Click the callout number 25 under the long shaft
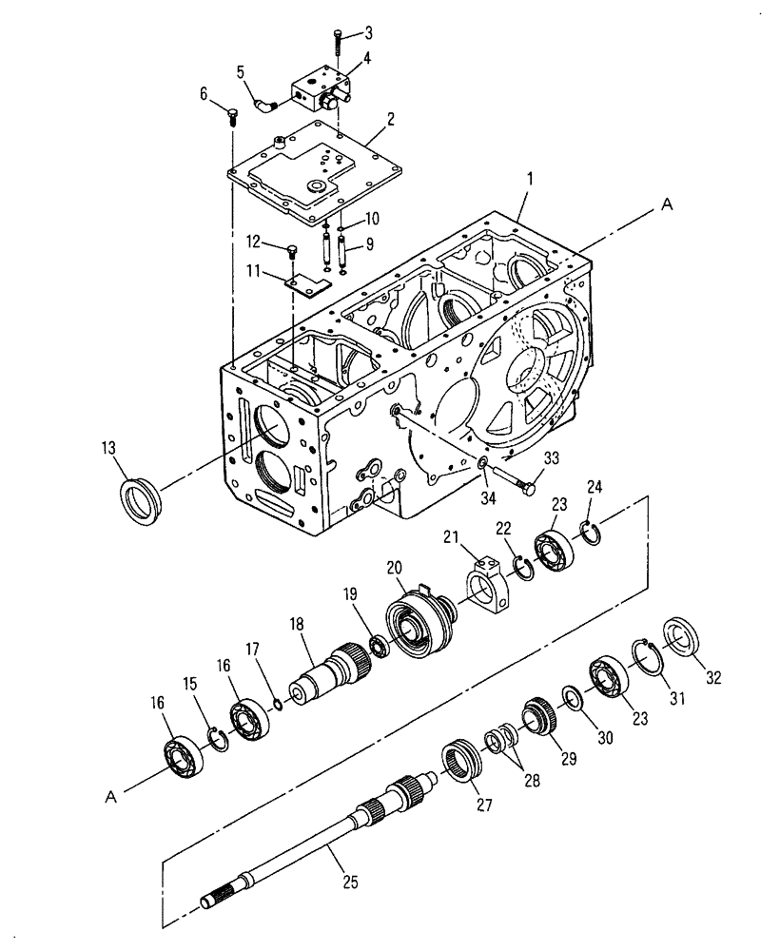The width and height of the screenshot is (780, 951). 349,883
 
